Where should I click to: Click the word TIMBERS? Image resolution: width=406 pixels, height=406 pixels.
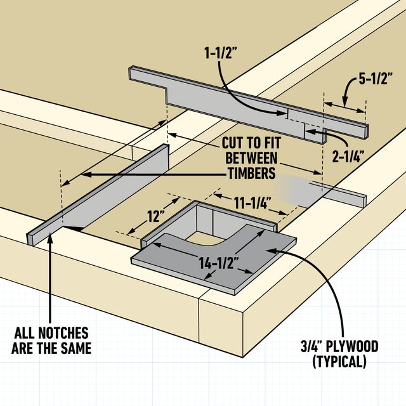pos(251,173)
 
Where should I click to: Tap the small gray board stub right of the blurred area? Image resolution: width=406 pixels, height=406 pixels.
pos(346,195)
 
